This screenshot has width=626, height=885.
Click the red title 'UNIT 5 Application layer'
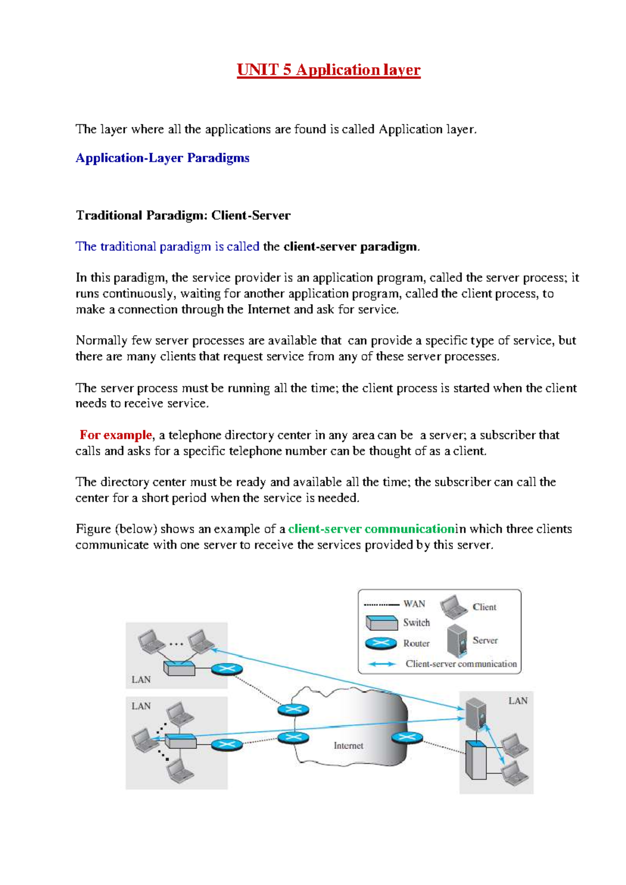click(328, 70)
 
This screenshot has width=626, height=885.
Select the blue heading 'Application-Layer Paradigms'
click(162, 158)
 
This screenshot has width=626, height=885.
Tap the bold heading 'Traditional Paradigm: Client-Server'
click(183, 216)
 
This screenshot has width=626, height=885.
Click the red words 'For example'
click(116, 435)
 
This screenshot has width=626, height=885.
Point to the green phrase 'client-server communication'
click(371, 529)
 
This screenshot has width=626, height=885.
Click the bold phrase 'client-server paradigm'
click(351, 247)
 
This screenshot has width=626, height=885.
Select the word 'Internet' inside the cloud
click(348, 746)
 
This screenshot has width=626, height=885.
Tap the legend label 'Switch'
click(416, 623)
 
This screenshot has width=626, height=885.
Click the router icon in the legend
click(381, 643)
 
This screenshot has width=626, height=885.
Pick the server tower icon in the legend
click(456, 640)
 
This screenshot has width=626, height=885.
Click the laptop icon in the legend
click(453, 607)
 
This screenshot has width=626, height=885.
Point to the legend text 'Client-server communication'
click(461, 664)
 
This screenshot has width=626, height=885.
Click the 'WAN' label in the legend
click(414, 604)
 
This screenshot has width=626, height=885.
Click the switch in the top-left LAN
click(179, 668)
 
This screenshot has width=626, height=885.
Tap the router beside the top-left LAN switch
click(227, 669)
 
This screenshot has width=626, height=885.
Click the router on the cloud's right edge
click(407, 737)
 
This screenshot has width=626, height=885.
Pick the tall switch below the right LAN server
click(475, 760)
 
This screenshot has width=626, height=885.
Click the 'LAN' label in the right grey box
click(517, 701)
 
